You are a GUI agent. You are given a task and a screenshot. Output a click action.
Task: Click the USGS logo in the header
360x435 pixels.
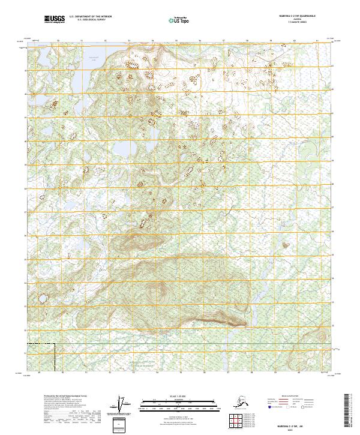(x=54, y=19)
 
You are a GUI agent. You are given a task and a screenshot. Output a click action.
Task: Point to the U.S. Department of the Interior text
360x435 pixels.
(x=90, y=17)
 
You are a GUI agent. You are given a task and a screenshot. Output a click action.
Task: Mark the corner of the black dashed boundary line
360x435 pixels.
(x=55, y=344)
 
